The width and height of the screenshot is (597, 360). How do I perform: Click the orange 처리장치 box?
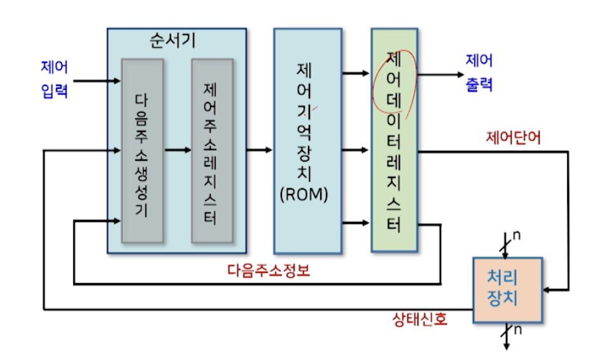coord(507,290)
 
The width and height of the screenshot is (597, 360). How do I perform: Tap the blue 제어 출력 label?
coord(479,73)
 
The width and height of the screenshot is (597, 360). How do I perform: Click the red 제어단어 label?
coord(514,137)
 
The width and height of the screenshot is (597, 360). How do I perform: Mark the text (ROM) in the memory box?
coord(304,195)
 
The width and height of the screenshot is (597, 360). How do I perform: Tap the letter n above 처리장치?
coord(517,235)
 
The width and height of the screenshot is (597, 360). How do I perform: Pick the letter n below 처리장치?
coord(517,329)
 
